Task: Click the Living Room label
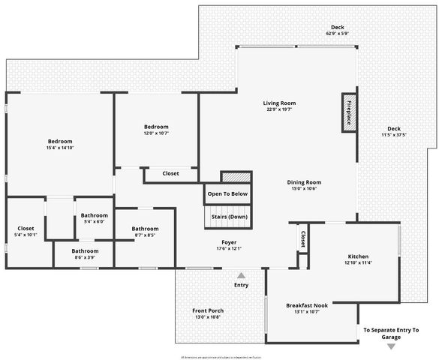pos(279,103)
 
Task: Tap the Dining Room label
pos(304,182)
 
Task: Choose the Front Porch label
pos(208,310)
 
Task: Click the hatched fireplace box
pos(349,113)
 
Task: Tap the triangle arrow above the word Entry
pos(241,275)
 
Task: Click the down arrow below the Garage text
pos(391,346)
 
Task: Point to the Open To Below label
pos(228,193)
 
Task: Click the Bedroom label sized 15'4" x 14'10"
pos(60,142)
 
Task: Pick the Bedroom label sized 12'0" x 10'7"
pos(156,127)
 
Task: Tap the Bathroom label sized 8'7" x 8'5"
pos(145,229)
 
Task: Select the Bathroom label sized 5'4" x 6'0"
pos(94,216)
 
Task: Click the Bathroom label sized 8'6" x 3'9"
pos(85,251)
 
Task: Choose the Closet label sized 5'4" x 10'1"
pos(26,229)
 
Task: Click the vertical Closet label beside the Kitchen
pos(303,239)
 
